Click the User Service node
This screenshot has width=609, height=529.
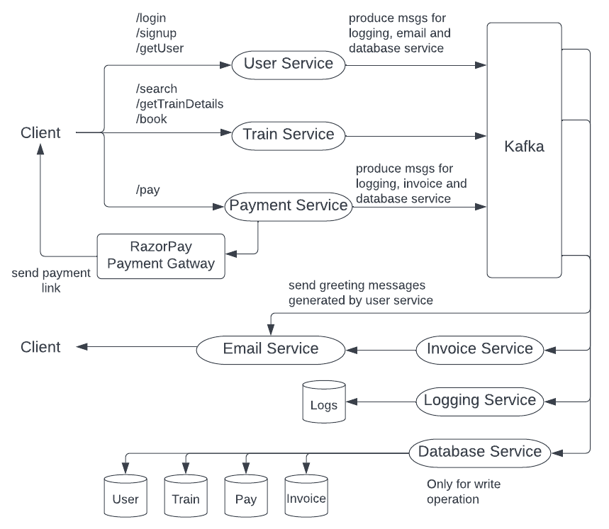(289, 64)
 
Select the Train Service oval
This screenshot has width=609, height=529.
(289, 134)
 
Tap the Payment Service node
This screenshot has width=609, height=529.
(289, 205)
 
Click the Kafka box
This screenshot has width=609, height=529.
(525, 149)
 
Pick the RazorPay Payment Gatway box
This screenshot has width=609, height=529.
(161, 256)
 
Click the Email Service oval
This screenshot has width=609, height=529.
(271, 348)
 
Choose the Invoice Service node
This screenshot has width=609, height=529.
(480, 348)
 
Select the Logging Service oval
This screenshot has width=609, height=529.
(480, 400)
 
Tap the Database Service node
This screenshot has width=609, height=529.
(480, 451)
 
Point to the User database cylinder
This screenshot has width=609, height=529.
(125, 498)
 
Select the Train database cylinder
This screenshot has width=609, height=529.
(186, 498)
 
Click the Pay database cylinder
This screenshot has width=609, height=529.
(245, 498)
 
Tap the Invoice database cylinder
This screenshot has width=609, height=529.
(306, 498)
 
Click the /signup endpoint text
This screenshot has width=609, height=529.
(157, 33)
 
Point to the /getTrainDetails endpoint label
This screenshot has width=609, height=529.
(179, 104)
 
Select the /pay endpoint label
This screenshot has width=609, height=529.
(148, 190)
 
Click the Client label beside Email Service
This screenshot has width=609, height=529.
(40, 347)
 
